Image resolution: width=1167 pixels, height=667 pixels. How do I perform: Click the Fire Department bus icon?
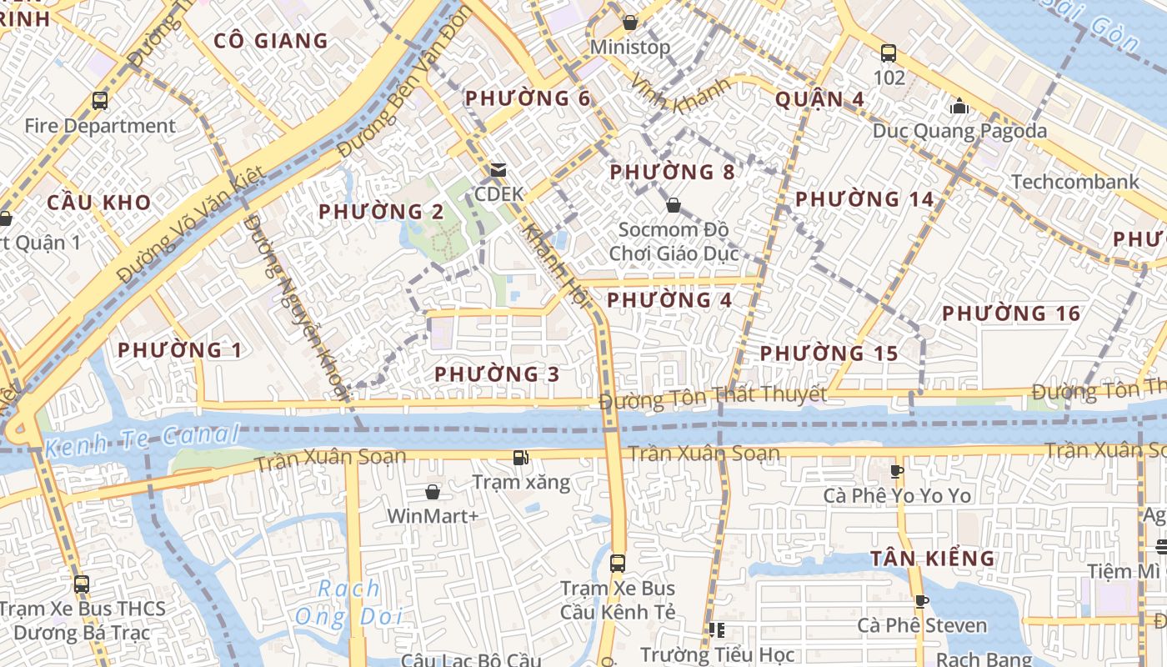click(100, 102)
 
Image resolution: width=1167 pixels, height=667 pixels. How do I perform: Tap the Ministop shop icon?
click(630, 23)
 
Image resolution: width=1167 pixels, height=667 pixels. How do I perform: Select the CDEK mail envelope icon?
click(498, 171)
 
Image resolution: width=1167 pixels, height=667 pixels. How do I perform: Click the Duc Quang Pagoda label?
click(959, 131)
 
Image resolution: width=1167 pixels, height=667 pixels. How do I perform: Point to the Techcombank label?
click(1074, 182)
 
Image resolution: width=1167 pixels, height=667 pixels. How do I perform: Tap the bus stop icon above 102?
click(889, 54)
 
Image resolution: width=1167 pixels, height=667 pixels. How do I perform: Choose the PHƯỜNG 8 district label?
click(672, 173)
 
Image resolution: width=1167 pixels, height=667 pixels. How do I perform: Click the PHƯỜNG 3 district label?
click(497, 374)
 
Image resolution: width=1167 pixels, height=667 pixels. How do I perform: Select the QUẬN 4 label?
click(819, 99)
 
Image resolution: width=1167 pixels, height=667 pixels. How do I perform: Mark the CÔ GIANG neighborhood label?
click(271, 41)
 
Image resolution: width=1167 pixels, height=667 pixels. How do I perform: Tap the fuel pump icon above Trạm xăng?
click(521, 457)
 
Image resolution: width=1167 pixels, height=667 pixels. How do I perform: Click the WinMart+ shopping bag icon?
click(433, 492)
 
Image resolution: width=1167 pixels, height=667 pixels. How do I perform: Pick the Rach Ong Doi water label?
click(349, 603)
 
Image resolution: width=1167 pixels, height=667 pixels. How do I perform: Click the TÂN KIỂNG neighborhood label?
click(933, 559)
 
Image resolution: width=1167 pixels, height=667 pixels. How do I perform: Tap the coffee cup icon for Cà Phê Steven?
click(921, 601)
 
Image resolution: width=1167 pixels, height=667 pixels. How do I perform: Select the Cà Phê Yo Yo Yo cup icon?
click(897, 471)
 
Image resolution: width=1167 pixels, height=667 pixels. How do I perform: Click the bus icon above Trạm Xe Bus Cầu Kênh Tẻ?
click(617, 563)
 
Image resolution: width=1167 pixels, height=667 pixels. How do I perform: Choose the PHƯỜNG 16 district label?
click(1011, 313)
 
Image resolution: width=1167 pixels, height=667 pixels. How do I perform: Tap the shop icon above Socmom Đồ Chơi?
click(673, 204)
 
